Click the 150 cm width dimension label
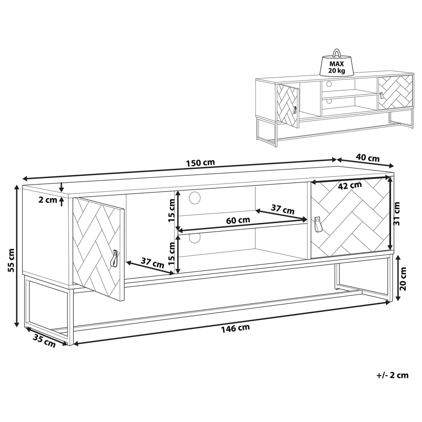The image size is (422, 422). tap(200, 163)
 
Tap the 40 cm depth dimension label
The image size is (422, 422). tap(368, 158)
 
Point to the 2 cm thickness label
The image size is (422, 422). tap(48, 200)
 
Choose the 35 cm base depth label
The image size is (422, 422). tap(44, 341)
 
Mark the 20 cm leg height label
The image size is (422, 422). tap(403, 279)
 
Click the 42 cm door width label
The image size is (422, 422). tap(349, 185)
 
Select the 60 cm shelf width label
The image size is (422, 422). tap(238, 221)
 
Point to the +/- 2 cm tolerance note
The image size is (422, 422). tap(392, 375)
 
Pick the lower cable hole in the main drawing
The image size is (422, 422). tap(195, 238)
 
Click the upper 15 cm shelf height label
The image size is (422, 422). tap(171, 211)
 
